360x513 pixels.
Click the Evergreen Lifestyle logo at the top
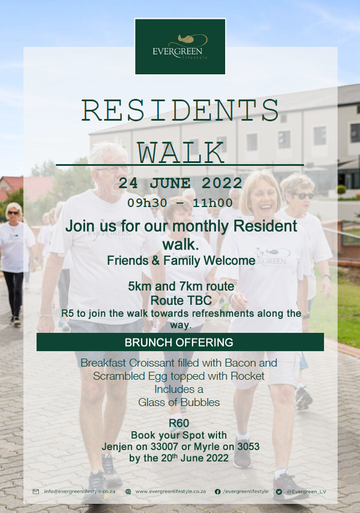pyautogui.click(x=180, y=46)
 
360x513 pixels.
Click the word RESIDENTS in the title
pyautogui.click(x=180, y=110)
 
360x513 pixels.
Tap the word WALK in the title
pyautogui.click(x=180, y=153)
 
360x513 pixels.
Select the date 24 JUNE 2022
pyautogui.click(x=180, y=183)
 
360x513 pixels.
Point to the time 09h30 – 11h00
pyautogui.click(x=180, y=203)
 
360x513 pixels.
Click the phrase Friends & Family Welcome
pyautogui.click(x=181, y=261)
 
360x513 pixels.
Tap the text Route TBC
pyautogui.click(x=181, y=300)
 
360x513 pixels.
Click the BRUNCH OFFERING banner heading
pyautogui.click(x=179, y=342)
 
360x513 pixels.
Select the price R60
pyautogui.click(x=179, y=423)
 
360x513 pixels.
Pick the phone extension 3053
pyautogui.click(x=248, y=447)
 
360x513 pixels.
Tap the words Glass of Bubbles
pyautogui.click(x=179, y=403)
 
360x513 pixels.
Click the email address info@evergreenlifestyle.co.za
pyautogui.click(x=79, y=491)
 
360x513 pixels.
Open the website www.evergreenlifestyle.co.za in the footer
pyautogui.click(x=171, y=491)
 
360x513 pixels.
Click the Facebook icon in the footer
pyautogui.click(x=218, y=491)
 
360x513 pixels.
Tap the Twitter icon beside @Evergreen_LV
pyautogui.click(x=279, y=491)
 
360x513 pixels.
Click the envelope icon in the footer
pyautogui.click(x=36, y=491)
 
